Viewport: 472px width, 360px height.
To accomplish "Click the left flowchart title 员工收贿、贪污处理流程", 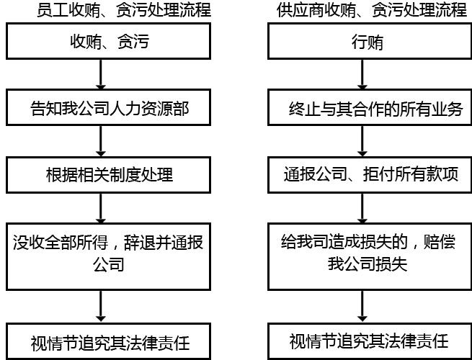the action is tap(124, 10).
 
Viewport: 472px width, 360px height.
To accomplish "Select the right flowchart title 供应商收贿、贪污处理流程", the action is tap(371, 10).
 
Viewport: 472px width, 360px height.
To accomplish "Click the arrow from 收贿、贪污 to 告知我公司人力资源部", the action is tap(101, 74).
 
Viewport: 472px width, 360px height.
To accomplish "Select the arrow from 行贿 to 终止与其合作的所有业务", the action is tap(362, 74).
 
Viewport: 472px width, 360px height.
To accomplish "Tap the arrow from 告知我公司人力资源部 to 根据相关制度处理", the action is tap(101, 141).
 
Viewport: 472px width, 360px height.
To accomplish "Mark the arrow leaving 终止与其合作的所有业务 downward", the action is tap(362, 141).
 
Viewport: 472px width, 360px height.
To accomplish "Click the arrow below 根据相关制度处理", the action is tap(101, 208).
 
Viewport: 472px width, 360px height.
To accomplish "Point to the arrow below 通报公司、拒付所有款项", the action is tap(362, 208).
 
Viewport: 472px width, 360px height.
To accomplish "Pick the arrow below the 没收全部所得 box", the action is tap(101, 307).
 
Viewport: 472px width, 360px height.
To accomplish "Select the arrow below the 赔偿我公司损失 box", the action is tap(362, 307).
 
